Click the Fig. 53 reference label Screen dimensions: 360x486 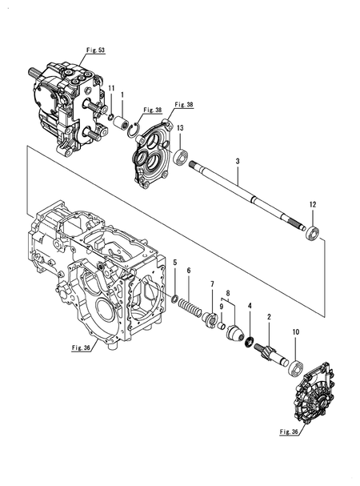pos(95,50)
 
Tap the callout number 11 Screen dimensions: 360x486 pos(111,88)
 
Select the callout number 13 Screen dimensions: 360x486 pos(180,128)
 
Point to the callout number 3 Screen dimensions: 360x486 pos(238,161)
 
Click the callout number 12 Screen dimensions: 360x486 pos(312,204)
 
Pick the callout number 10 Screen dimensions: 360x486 pos(295,332)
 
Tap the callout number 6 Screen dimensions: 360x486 pos(189,271)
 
